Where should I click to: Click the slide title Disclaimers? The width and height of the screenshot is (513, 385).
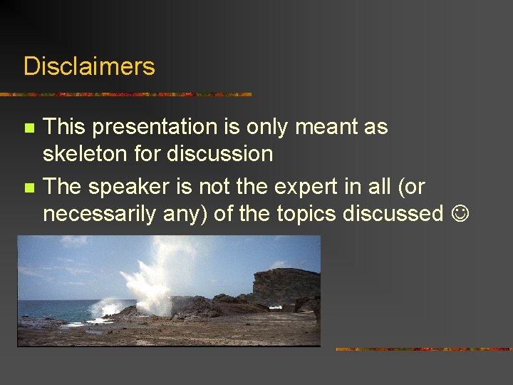89,66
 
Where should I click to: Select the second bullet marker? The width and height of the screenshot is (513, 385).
28,188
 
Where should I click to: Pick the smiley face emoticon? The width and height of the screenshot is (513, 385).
460,213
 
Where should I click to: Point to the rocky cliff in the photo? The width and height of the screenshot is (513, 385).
285,284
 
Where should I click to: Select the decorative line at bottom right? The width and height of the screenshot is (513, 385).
423,349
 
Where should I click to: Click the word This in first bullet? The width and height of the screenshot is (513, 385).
64,128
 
